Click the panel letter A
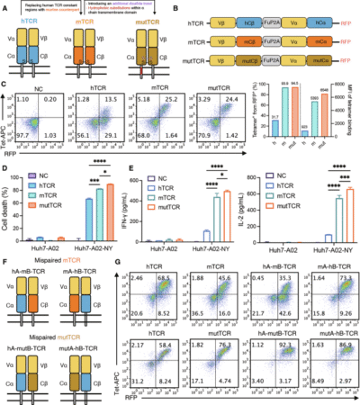[5, 5]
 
